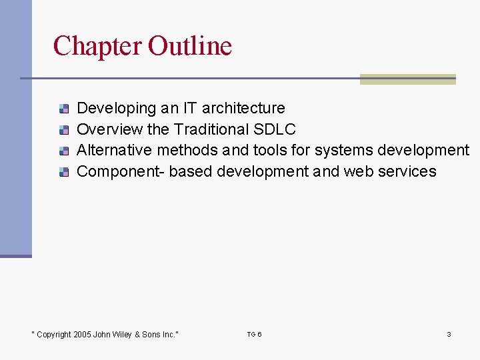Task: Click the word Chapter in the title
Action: click(98, 46)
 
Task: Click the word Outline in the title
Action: click(190, 46)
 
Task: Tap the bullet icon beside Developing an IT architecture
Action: click(63, 108)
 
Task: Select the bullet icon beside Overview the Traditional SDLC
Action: click(63, 129)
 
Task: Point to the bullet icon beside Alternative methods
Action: click(63, 151)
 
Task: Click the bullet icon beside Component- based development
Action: click(63, 172)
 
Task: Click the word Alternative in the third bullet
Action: click(115, 151)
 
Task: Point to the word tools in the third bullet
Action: click(271, 151)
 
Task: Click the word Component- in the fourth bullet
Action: click(121, 172)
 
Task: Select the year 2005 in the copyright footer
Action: click(83, 335)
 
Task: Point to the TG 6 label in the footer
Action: click(254, 334)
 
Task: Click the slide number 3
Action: click(449, 334)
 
